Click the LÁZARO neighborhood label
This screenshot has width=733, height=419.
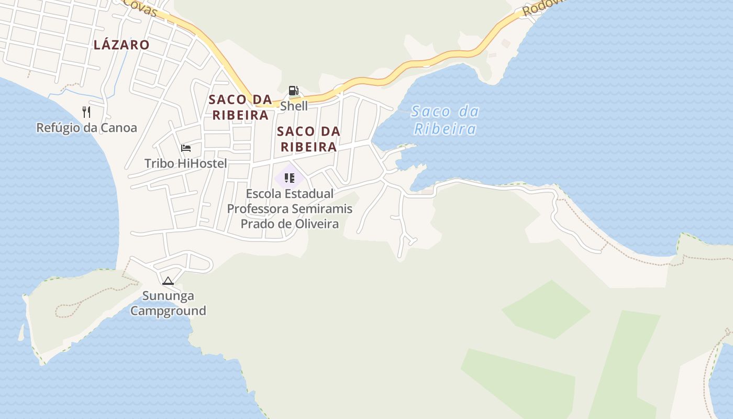point(121,45)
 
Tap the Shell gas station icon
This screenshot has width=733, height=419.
point(294,91)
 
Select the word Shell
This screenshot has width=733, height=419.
point(294,106)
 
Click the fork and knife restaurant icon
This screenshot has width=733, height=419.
point(86,112)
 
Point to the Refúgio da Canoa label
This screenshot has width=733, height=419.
point(86,128)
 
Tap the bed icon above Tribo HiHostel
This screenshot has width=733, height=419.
point(186,148)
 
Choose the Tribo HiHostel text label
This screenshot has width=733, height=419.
point(186,163)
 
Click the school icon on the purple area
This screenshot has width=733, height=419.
point(290,178)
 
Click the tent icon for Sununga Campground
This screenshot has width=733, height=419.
point(168,281)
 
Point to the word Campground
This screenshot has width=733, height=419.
point(168,311)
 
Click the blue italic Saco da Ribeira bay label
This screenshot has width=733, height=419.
point(445,120)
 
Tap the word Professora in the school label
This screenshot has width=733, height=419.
point(257,209)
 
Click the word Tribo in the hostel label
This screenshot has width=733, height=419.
point(159,163)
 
